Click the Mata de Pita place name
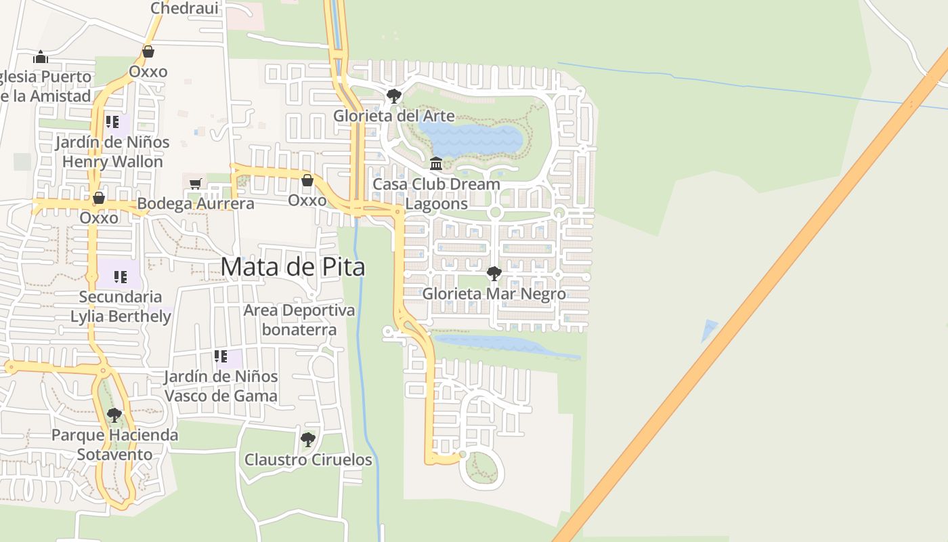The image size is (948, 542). (x=293, y=267)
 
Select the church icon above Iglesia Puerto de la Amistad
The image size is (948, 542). (x=41, y=56)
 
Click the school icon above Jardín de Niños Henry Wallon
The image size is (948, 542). (x=112, y=122)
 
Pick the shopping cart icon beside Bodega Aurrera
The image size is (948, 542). (x=196, y=183)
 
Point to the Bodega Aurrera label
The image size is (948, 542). (x=196, y=203)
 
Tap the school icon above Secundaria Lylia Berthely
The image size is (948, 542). (x=121, y=276)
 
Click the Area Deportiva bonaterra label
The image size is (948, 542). (x=299, y=320)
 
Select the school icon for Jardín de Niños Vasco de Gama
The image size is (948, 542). (x=220, y=356)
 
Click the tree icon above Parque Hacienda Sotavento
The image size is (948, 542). (x=114, y=415)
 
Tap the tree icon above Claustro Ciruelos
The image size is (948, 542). (x=308, y=440)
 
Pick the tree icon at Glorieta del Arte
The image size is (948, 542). (x=393, y=96)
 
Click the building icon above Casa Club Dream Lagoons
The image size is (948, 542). (x=436, y=164)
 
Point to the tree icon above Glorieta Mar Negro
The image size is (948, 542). (x=494, y=274)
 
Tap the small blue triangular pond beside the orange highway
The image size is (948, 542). (x=709, y=329)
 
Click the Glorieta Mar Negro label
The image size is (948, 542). (x=494, y=294)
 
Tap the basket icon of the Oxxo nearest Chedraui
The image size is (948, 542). (x=148, y=51)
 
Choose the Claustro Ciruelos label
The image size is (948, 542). (x=308, y=460)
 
